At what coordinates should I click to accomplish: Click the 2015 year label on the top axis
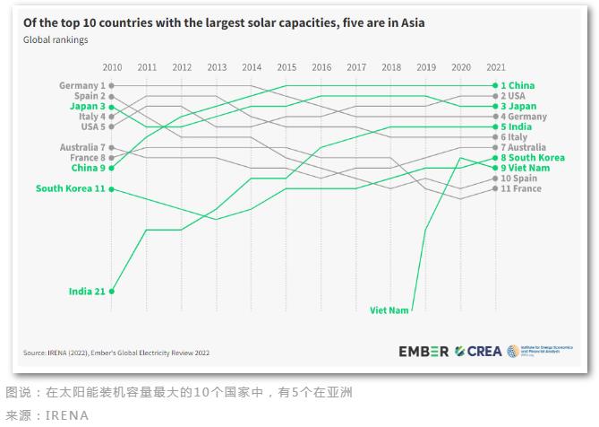tap(287, 67)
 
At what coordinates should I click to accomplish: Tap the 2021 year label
tap(495, 67)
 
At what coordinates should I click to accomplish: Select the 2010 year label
tap(112, 67)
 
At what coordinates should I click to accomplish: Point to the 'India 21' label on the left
tap(87, 292)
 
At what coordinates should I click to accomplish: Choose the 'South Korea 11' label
tap(70, 188)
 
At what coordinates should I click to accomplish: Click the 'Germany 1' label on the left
tap(82, 85)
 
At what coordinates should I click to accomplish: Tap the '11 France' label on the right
tap(521, 189)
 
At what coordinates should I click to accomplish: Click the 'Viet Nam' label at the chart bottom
tap(389, 310)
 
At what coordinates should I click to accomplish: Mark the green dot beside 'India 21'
tap(112, 292)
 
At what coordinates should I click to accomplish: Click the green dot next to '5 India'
tap(494, 127)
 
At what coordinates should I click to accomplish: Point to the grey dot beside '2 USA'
tap(494, 96)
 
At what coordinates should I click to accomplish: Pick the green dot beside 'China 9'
tap(112, 168)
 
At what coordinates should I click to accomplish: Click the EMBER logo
tap(424, 352)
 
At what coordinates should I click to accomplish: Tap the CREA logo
tap(478, 352)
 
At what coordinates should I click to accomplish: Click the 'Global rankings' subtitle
tap(56, 40)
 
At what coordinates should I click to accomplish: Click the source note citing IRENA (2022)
tap(116, 353)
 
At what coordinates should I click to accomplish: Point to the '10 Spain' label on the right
tap(520, 179)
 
